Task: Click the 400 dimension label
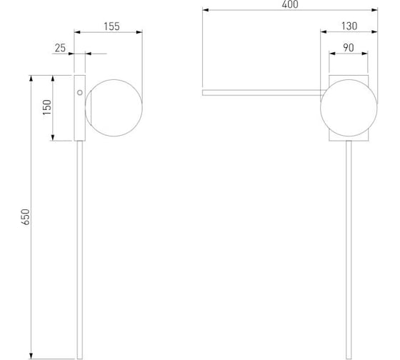(290, 4)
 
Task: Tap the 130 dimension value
(349, 26)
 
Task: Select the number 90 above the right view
(349, 48)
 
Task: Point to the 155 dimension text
(111, 26)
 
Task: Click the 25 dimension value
(60, 48)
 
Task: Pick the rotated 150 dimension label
(47, 107)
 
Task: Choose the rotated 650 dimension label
(26, 217)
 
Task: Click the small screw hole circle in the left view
(80, 93)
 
